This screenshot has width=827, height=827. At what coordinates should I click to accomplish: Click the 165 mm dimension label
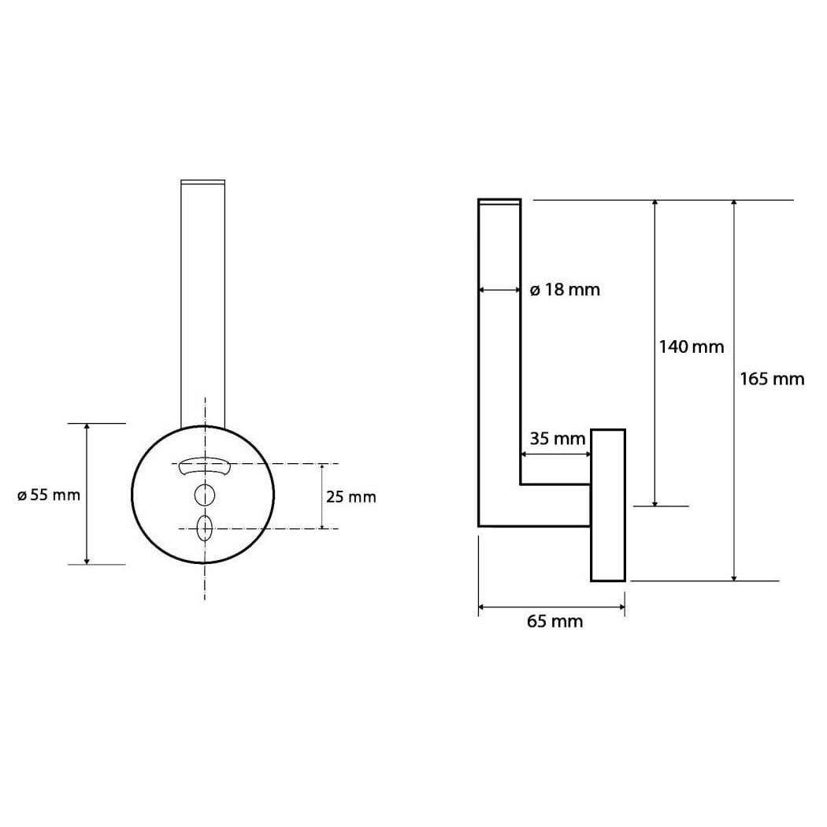772,379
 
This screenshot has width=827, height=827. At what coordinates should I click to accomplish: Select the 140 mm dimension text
692,347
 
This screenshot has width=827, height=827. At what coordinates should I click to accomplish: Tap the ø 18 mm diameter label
565,290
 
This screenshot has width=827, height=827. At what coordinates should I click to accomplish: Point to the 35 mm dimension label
558,439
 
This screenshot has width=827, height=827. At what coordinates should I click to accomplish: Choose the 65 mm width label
554,621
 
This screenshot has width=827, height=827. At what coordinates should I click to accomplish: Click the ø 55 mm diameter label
49,495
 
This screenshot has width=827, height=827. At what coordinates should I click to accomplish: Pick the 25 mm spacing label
350,497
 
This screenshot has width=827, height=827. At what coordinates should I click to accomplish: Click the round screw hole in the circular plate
205,495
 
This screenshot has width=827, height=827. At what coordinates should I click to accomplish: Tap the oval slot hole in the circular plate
205,528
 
